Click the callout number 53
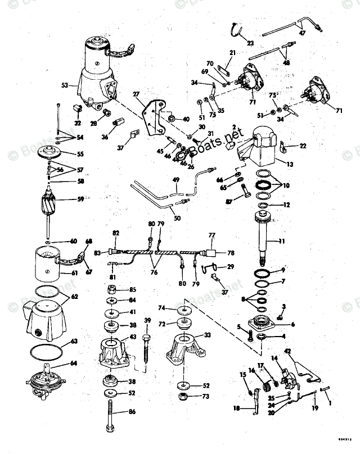click(x=65, y=85)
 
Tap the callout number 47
click(x=302, y=33)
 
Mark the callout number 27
click(x=135, y=94)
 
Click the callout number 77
click(x=212, y=236)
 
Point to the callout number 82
click(x=116, y=233)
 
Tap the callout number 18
click(x=236, y=408)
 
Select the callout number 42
click(x=287, y=351)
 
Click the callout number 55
click(x=80, y=153)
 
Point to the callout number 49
click(x=175, y=180)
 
